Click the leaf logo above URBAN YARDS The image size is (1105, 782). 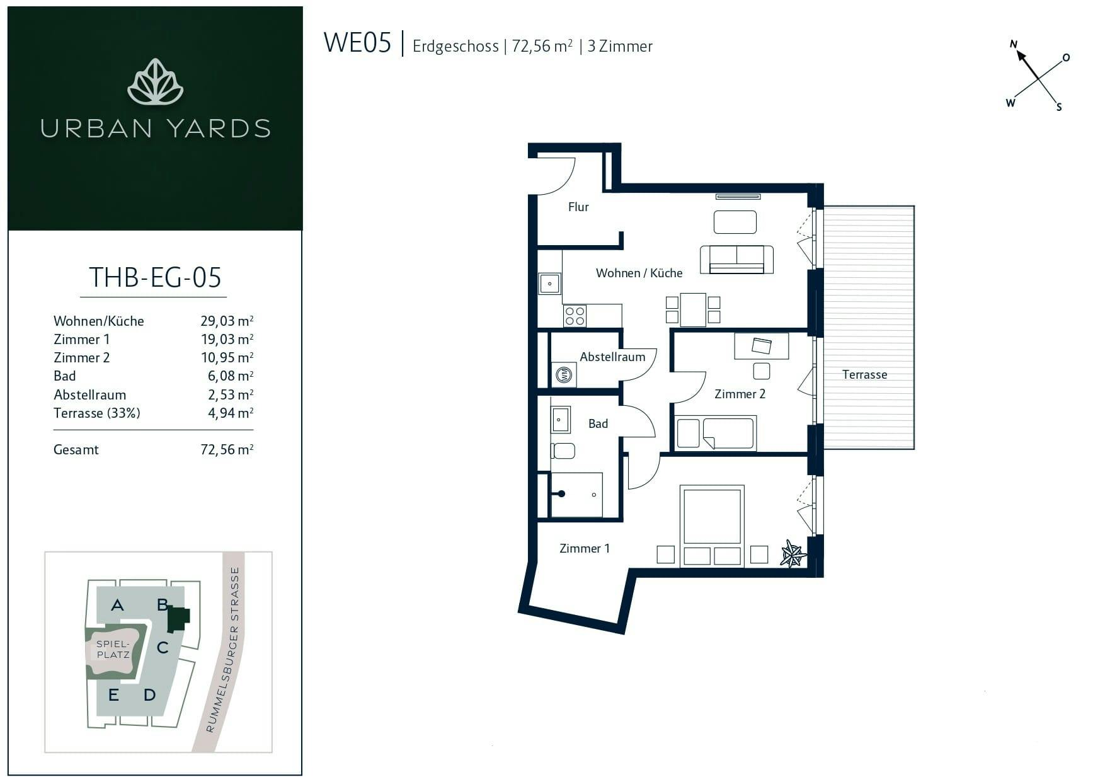click(155, 82)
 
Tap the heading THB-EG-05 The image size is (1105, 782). click(155, 277)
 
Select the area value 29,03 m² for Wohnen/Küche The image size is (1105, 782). click(227, 321)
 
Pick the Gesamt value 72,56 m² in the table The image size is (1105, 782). click(227, 449)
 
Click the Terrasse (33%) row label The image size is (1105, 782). click(97, 413)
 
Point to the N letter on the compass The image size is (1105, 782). click(1014, 44)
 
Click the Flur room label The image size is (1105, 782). click(578, 207)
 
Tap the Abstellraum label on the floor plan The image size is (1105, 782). click(612, 357)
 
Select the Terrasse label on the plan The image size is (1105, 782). click(864, 374)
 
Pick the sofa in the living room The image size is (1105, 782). click(736, 259)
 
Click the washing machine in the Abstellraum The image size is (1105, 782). click(564, 375)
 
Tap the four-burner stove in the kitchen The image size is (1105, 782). click(575, 316)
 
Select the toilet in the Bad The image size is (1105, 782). click(563, 451)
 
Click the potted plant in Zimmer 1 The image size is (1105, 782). click(793, 554)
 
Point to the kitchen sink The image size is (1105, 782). click(549, 284)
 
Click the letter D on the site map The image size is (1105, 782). click(149, 695)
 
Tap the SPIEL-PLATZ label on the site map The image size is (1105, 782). click(113, 649)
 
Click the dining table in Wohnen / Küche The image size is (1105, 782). click(693, 309)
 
